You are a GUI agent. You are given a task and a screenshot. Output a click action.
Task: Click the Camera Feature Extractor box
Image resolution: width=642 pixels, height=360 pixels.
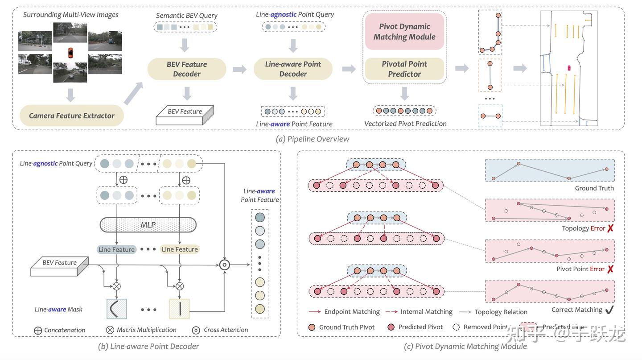(x=72, y=116)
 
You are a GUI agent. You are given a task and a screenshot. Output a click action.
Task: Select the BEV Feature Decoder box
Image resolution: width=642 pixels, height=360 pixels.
(x=187, y=69)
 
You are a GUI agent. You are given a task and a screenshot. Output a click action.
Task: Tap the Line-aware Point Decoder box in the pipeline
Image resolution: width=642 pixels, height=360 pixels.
(x=293, y=69)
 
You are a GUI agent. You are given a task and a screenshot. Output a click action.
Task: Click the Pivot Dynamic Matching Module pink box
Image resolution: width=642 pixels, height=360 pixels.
(x=404, y=32)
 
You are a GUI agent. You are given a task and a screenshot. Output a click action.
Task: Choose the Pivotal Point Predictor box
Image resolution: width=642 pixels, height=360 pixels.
(x=404, y=69)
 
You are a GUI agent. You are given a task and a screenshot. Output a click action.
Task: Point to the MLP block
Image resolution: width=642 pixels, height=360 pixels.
(x=148, y=225)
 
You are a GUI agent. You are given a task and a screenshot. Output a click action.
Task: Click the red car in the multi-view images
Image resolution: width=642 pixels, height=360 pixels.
(x=70, y=53)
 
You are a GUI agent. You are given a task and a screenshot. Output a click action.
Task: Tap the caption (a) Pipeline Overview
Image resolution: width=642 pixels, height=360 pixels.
(x=313, y=139)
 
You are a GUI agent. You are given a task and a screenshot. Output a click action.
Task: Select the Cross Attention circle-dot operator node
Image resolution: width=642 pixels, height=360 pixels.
(x=225, y=265)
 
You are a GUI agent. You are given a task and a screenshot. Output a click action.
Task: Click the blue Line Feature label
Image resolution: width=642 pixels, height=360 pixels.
(x=116, y=249)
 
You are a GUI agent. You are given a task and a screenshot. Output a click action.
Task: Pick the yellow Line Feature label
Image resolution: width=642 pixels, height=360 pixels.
(x=180, y=249)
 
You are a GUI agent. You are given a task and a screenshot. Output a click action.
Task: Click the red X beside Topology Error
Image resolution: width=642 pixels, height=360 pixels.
(x=610, y=228)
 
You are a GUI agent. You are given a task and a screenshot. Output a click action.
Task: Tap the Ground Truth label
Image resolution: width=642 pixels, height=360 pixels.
(x=594, y=188)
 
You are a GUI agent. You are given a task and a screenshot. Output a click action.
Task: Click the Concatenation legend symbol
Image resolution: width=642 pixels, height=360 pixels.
(x=38, y=331)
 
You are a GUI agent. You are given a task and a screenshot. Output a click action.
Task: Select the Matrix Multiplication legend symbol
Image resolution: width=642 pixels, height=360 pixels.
(x=110, y=330)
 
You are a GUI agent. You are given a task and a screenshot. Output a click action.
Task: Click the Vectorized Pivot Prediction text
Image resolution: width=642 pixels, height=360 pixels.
(x=405, y=124)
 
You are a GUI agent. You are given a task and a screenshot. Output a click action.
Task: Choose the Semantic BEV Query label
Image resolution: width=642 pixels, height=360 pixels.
(x=187, y=16)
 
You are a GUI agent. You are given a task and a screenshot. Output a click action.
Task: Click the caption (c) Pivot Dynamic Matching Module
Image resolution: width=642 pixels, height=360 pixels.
(x=465, y=346)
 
